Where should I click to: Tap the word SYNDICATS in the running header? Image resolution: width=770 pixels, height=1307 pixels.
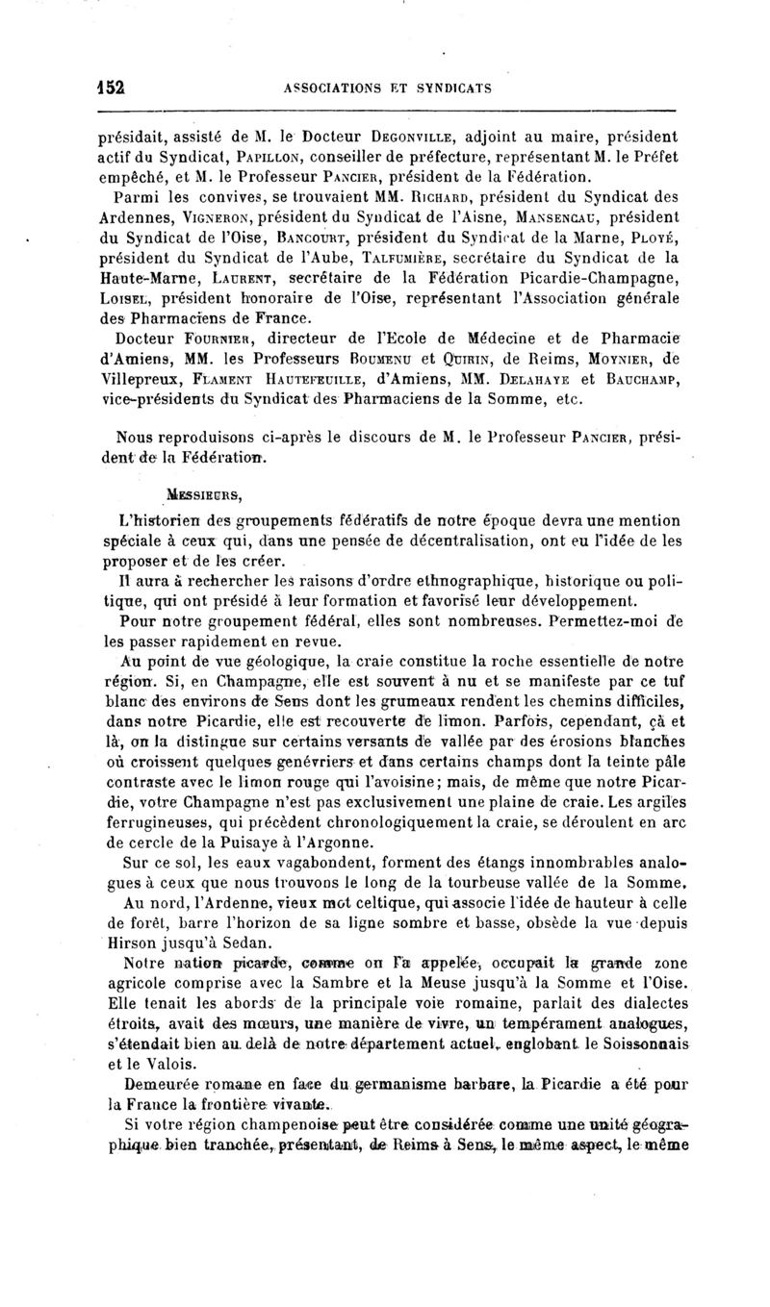tap(454, 88)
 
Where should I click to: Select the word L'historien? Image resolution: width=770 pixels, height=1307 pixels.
tap(161, 520)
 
